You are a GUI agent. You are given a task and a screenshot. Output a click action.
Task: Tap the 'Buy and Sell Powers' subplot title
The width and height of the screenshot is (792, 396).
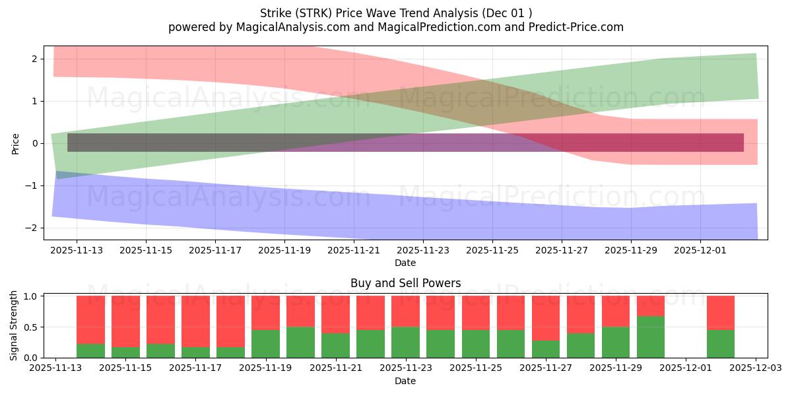click(405, 283)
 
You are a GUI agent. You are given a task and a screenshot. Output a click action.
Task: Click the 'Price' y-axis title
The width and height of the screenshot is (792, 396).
click(16, 143)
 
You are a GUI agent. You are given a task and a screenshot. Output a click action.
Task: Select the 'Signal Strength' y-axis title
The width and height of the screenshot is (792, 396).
click(15, 325)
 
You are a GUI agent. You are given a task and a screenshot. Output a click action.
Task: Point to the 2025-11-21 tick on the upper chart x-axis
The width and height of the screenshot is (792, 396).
click(354, 251)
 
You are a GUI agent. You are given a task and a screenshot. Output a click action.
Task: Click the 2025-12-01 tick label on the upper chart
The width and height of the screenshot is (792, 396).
click(700, 251)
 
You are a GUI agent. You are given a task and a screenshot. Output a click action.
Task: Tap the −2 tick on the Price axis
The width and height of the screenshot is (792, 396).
click(34, 228)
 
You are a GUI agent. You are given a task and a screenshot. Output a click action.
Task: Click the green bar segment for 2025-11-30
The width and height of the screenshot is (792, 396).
click(651, 337)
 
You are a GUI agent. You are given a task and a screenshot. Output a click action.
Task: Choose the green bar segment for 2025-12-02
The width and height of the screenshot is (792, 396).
click(721, 343)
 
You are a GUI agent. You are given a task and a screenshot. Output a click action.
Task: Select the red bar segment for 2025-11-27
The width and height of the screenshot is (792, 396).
click(546, 318)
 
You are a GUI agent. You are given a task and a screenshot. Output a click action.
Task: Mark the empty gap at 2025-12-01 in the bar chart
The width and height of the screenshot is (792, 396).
click(686, 327)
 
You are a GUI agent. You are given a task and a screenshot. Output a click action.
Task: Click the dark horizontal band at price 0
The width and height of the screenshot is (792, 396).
click(405, 143)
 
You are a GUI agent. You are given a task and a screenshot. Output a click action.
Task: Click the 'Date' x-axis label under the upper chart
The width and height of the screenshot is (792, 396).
click(405, 263)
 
